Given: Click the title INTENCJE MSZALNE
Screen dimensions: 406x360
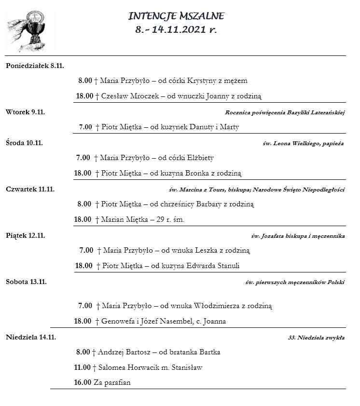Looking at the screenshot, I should [176, 16].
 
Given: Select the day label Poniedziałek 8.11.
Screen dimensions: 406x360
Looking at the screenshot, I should [35, 65].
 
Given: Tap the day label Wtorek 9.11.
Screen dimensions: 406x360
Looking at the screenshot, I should [25, 112].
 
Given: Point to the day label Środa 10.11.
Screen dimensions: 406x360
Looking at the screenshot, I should [25, 143].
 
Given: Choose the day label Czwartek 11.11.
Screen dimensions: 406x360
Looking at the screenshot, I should [30, 189].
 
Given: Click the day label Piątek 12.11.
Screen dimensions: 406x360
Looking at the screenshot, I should [25, 235].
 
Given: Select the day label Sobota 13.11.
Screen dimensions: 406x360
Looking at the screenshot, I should [26, 282].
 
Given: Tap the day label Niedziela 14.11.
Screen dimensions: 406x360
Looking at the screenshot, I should [31, 337].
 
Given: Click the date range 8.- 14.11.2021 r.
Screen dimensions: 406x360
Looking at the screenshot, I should [176, 30].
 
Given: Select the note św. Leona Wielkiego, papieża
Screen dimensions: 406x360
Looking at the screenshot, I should [303, 143].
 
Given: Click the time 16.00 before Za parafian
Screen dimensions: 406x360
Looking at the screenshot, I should [83, 383].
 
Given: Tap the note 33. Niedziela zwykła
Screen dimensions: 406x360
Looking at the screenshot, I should [316, 338].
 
